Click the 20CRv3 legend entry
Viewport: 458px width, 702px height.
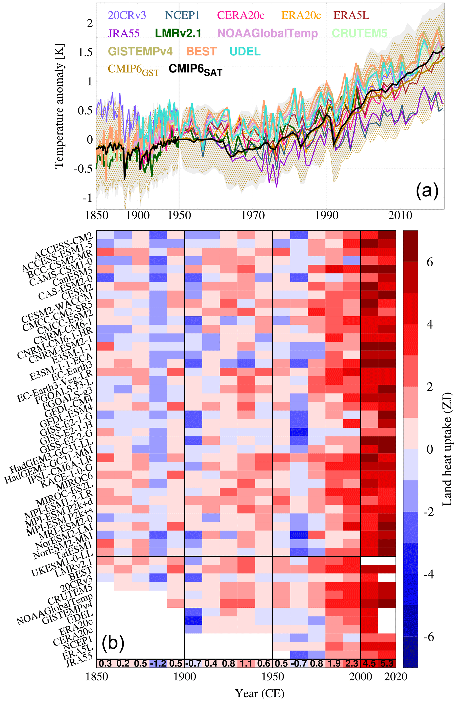(127, 15)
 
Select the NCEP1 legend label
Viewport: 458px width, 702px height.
(182, 15)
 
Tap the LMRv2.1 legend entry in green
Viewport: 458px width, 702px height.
(178, 33)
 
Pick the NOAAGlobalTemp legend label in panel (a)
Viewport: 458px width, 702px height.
(267, 33)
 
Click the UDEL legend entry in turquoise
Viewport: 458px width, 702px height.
(245, 51)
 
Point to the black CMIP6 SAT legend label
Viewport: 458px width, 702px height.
(195, 70)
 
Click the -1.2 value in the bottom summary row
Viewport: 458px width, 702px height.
(158, 664)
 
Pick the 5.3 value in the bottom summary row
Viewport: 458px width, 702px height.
(387, 664)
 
